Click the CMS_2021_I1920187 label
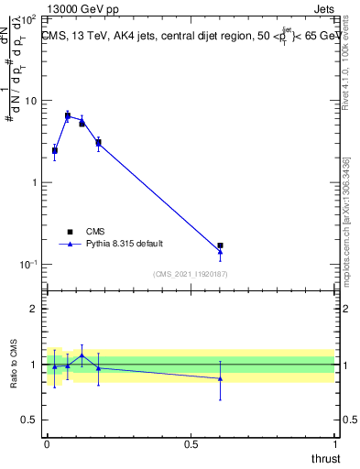tap(191, 274)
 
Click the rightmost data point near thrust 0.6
tap(220, 246)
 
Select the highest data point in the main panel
tap(68, 115)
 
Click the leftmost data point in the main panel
tap(54, 150)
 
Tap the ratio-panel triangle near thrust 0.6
tap(220, 377)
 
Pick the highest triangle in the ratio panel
tap(82, 355)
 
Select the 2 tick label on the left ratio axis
tap(35, 310)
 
